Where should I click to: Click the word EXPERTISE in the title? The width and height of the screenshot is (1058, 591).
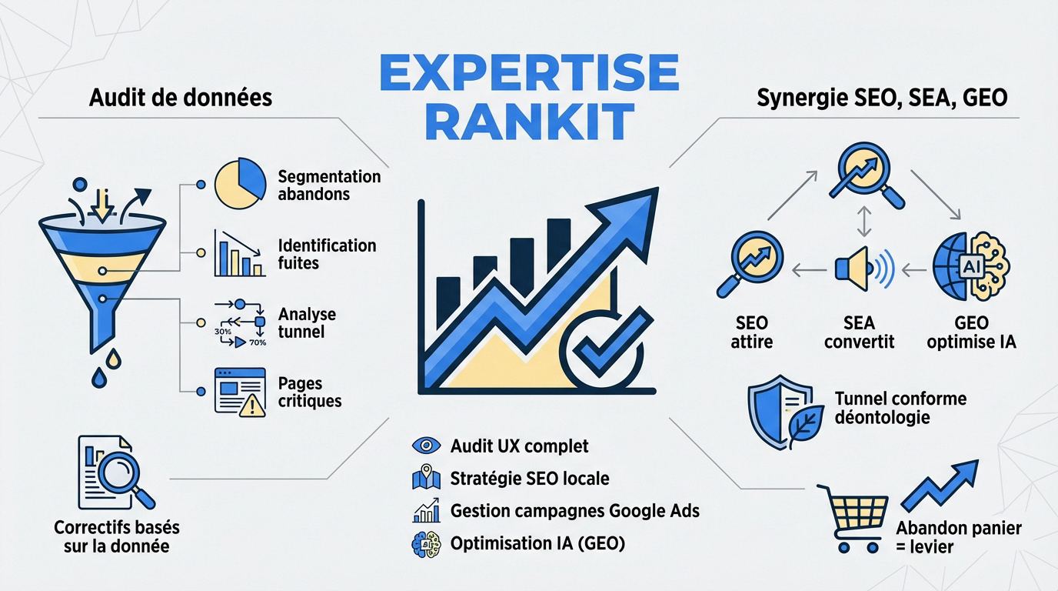[529, 74]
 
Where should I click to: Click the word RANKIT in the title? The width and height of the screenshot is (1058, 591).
[529, 123]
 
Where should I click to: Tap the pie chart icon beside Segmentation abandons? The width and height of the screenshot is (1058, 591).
[240, 184]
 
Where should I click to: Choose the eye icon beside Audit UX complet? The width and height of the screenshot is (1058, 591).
[426, 446]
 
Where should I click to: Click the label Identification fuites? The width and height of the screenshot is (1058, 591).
[327, 254]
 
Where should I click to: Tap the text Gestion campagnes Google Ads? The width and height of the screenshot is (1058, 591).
[574, 510]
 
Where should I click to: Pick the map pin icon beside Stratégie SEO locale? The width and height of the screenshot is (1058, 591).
[425, 479]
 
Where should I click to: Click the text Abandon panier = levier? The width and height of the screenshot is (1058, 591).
[958, 537]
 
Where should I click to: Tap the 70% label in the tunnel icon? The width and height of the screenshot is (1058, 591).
[258, 342]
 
